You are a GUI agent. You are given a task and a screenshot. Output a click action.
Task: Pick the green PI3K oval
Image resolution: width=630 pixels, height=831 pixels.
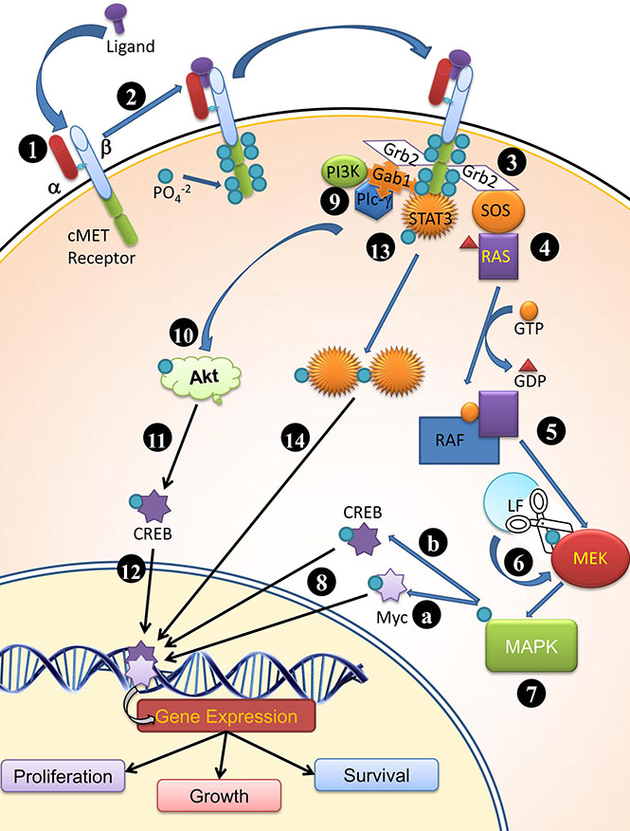pos(342,172)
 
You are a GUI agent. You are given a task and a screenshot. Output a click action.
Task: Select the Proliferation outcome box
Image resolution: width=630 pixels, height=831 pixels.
pos(63,776)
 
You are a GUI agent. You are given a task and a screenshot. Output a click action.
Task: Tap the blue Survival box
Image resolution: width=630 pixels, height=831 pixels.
pos(376,774)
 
